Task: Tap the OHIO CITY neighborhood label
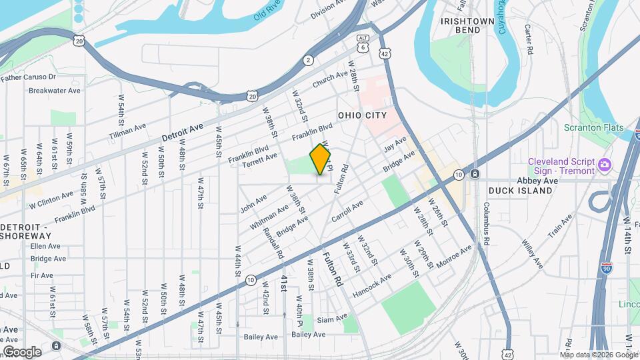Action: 362,115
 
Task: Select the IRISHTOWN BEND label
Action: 468,25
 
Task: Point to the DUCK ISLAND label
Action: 520,191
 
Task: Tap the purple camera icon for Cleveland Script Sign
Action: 604,165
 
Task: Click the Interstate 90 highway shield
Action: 606,268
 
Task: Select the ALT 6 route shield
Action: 363,43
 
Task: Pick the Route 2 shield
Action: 308,61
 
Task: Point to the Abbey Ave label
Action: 537,181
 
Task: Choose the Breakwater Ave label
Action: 55,91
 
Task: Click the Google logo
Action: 22,351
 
